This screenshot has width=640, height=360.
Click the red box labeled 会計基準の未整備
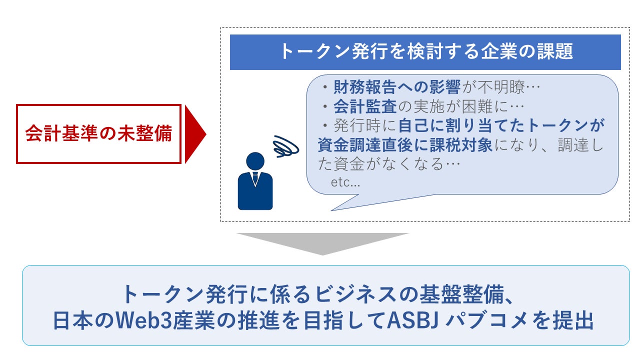pos(98,134)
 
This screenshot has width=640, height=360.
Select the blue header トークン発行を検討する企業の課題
pos(425,52)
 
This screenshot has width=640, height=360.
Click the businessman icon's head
pos(255,160)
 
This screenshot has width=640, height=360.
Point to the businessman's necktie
pos(255,178)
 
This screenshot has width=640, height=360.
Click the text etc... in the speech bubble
pos(345,183)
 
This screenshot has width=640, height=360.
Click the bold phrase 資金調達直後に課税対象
pos(405,145)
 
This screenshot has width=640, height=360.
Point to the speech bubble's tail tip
pos(331,210)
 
